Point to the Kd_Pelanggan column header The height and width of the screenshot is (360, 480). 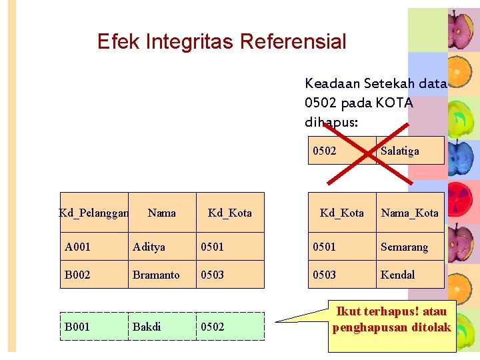pos(93,213)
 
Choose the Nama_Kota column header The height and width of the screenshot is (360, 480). pos(409,213)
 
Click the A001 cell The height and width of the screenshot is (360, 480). pos(77,247)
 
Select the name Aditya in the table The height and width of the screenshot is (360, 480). pos(149,247)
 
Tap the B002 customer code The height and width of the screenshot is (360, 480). pos(78,275)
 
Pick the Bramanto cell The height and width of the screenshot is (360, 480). pos(156,275)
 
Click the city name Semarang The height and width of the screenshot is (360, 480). pos(404,247)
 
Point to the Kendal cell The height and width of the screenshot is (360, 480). pos(397,275)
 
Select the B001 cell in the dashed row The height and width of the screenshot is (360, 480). pos(77,327)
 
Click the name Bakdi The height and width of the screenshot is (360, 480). pos(147,327)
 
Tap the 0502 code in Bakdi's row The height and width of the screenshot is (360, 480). pos(213,327)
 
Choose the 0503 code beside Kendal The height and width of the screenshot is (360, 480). pos(325,275)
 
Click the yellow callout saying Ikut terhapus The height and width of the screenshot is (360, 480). pos(393,320)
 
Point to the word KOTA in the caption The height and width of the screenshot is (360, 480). pos(395,103)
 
